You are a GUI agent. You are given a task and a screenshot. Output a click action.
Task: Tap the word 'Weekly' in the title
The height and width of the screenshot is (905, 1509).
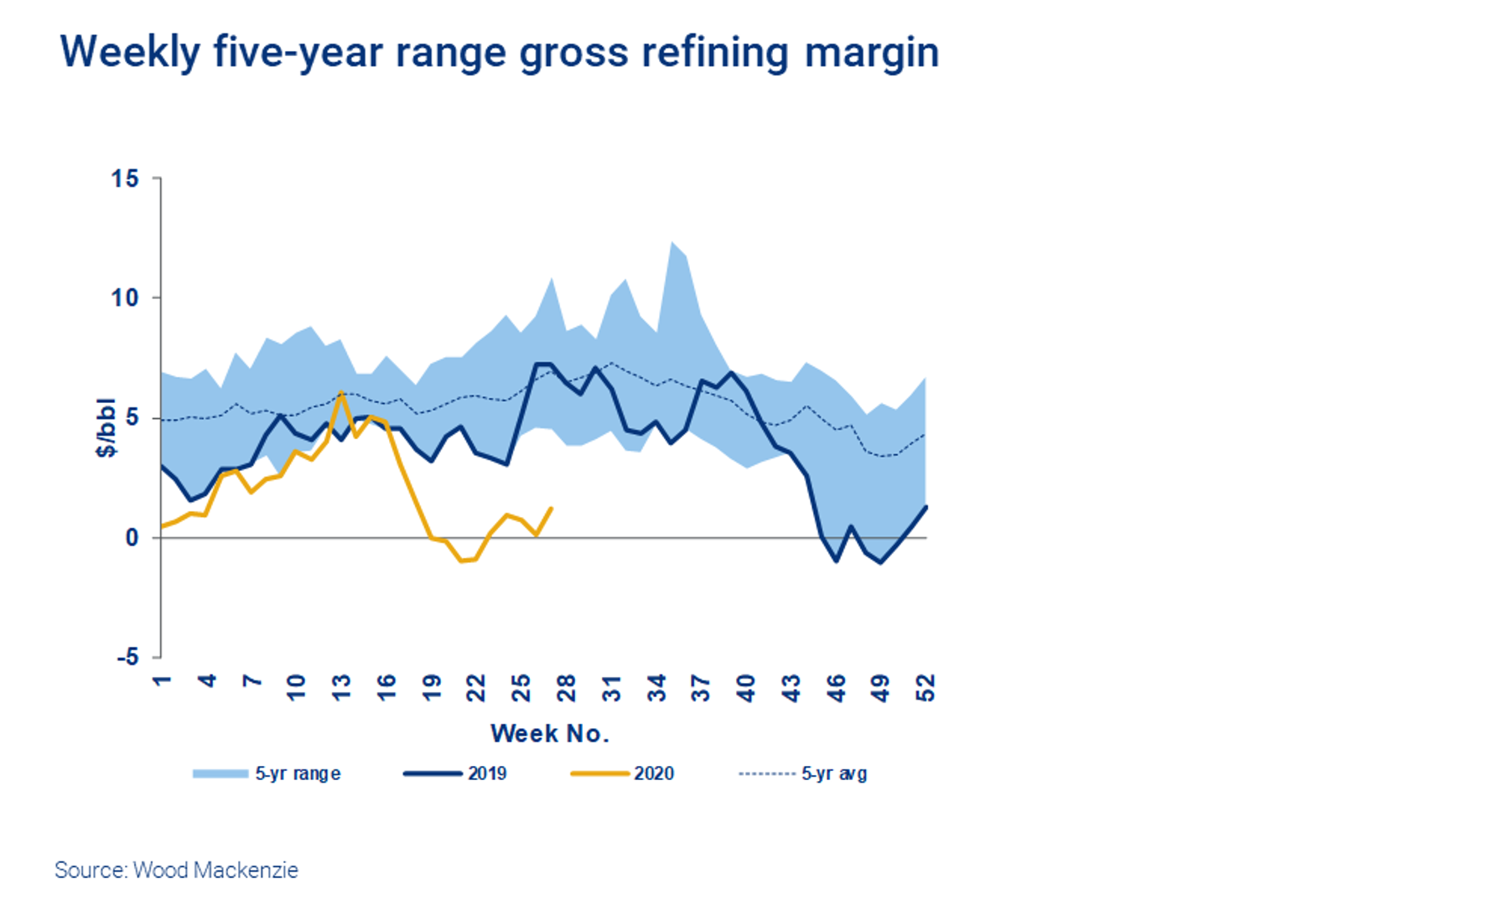[x=130, y=53]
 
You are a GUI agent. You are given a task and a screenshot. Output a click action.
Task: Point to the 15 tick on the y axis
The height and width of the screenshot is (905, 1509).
[x=126, y=178]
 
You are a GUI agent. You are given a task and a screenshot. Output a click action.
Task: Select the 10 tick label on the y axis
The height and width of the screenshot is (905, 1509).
[x=126, y=298]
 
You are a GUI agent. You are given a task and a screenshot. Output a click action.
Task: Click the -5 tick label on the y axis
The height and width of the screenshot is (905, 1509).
[x=127, y=658]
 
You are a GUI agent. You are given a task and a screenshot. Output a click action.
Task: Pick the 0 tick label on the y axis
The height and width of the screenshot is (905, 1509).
[x=132, y=538]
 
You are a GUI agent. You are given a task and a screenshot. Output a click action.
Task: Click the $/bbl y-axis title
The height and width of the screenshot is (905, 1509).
[x=106, y=428]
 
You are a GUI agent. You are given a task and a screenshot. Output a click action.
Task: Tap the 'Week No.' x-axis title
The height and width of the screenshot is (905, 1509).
[x=549, y=734]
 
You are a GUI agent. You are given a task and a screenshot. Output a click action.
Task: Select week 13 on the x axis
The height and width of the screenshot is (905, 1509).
[x=341, y=688]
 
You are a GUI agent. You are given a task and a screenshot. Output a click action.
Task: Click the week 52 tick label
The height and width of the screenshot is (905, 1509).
[x=925, y=688]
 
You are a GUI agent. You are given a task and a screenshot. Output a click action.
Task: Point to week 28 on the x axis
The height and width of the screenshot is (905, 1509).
[x=567, y=688]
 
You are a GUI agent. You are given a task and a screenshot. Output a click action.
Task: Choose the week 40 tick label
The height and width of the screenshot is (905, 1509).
[x=746, y=688]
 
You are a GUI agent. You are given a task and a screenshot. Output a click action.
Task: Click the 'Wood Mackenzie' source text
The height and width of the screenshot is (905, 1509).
[x=215, y=871]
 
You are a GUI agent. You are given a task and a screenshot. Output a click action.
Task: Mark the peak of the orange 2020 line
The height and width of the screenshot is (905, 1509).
[x=341, y=392]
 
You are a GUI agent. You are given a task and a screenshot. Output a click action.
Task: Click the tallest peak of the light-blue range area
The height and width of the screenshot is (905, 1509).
[x=672, y=242]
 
